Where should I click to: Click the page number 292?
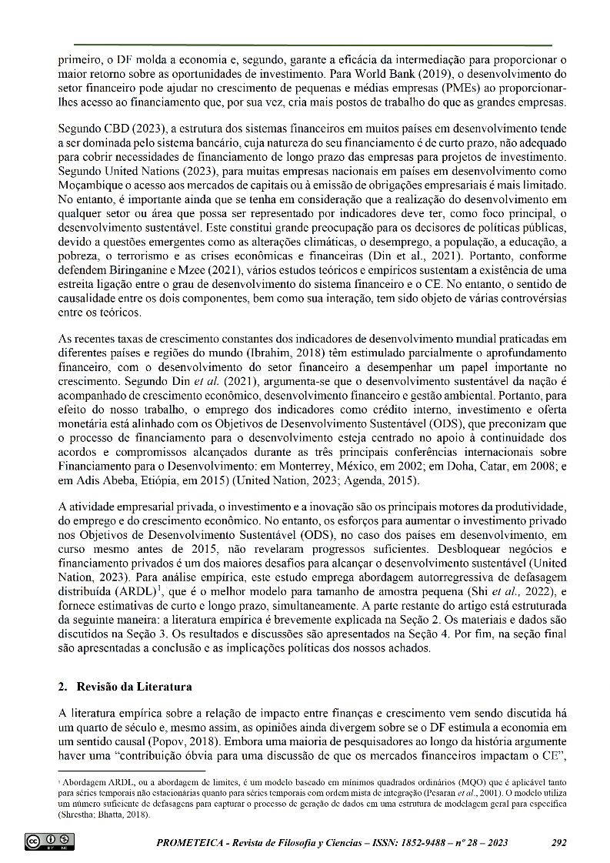point(559,842)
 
